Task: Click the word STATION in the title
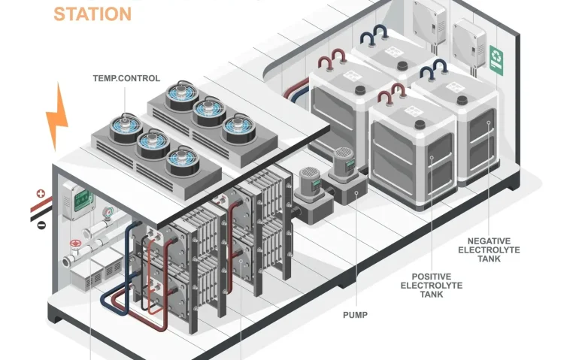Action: (x=92, y=13)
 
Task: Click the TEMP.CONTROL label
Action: (x=126, y=77)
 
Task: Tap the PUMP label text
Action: (x=356, y=314)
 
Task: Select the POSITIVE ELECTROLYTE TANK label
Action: (x=432, y=285)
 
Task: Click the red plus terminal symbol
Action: (x=41, y=194)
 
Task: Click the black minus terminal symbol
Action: (x=41, y=224)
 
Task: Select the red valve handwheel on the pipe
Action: (x=74, y=244)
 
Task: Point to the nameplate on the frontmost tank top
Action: (x=415, y=114)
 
